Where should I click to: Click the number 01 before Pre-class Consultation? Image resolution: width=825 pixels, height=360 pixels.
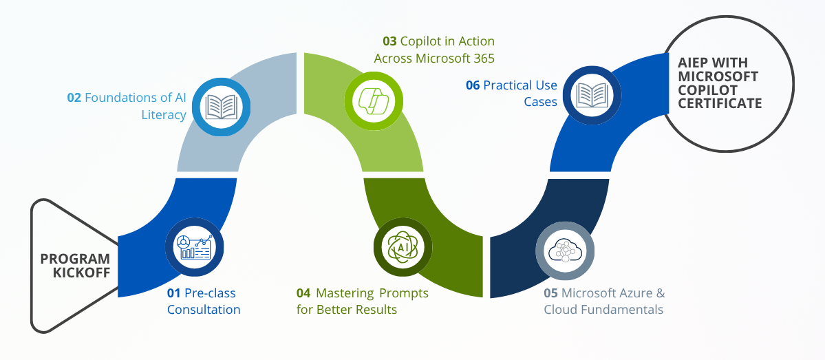174,293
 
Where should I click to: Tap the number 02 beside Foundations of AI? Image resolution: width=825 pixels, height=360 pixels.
74,98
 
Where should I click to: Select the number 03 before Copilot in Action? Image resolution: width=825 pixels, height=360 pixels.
390,41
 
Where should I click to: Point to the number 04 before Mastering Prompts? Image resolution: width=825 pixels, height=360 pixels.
303,293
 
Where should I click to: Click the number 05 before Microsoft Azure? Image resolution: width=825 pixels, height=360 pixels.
550,293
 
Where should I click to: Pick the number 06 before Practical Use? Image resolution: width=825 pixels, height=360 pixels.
473,85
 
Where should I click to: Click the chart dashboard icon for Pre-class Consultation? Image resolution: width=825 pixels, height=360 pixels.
195,247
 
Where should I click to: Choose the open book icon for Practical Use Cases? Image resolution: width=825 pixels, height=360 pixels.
591,95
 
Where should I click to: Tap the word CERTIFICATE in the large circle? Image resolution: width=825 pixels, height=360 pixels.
720,103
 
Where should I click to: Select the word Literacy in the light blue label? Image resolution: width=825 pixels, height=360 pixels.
164,114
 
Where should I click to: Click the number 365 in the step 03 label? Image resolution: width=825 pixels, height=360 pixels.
482,59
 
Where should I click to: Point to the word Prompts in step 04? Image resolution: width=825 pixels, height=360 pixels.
404,293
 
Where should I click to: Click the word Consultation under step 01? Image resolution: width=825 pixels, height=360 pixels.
204,310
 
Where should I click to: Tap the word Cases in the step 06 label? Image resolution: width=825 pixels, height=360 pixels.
541,102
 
